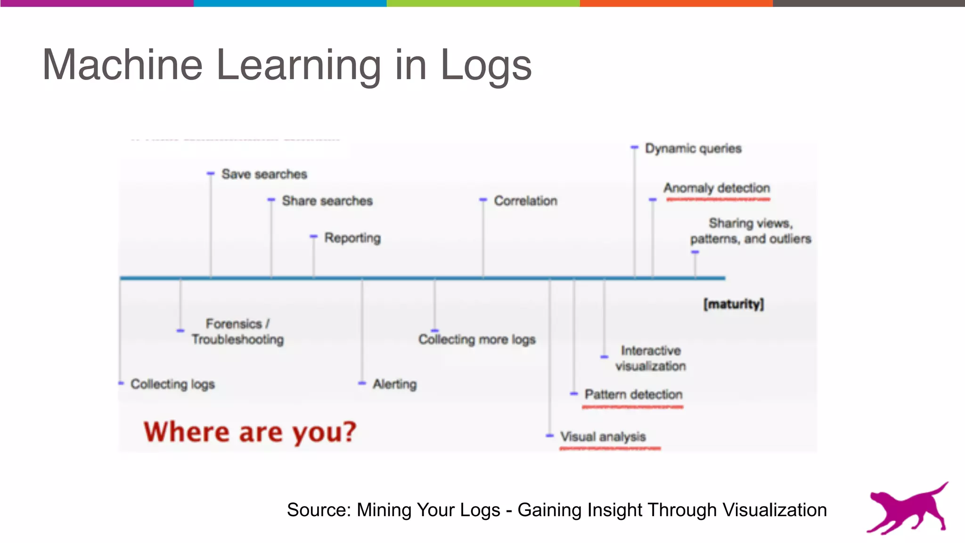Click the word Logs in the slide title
tap(485, 66)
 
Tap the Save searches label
tap(264, 174)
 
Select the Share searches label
tap(327, 201)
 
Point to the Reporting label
tap(352, 238)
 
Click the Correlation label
tap(525, 201)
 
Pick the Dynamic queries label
tap(693, 148)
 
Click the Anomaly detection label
tap(717, 188)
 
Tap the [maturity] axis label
tap(733, 304)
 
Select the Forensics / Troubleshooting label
tap(237, 331)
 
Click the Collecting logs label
tap(172, 384)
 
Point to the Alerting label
tap(395, 384)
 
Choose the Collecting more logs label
tap(477, 339)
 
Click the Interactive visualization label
tap(650, 358)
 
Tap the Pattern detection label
tap(633, 395)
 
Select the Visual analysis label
tap(603, 437)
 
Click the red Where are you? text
tap(250, 432)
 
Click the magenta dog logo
tap(907, 509)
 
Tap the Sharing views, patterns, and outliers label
tap(751, 231)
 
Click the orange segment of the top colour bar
tap(676, 3)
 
